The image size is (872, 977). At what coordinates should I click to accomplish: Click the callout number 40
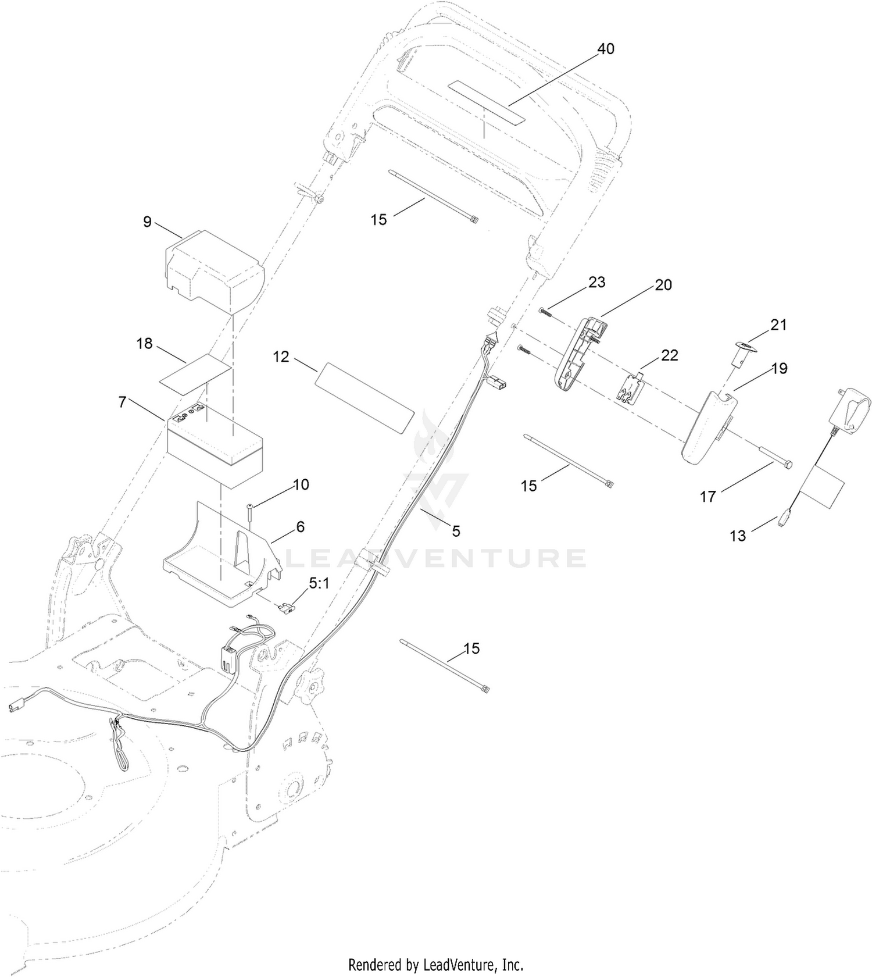(606, 49)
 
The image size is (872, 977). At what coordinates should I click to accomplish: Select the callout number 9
(147, 222)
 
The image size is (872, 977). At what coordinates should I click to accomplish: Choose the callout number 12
(281, 356)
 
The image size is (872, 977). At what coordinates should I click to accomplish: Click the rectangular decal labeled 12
(364, 398)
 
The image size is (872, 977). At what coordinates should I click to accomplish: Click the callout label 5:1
(319, 583)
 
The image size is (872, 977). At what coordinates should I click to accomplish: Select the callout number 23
(596, 282)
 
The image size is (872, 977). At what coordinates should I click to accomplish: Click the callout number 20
(663, 284)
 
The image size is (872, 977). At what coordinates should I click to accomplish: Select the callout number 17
(707, 497)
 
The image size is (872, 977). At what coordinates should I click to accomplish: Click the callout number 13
(738, 536)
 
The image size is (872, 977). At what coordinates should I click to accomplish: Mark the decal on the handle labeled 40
(487, 102)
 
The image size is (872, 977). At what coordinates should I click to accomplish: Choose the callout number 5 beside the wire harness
(456, 530)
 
